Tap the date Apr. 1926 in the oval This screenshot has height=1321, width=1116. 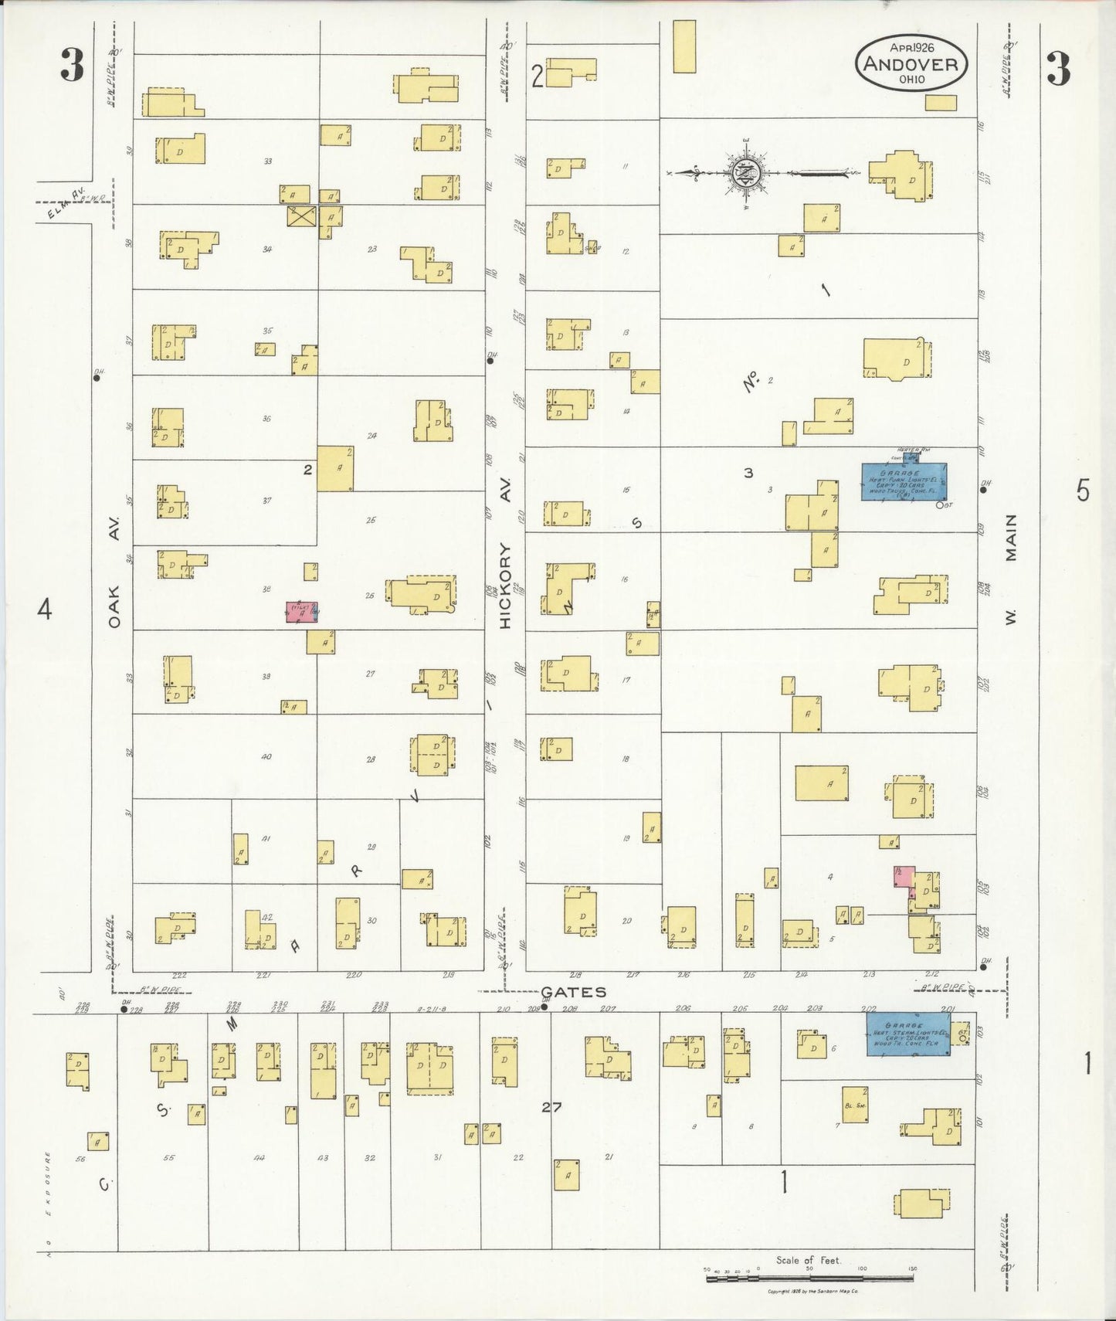[x=911, y=48]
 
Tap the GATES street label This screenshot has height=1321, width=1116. [x=573, y=992]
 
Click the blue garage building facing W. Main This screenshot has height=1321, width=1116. [x=904, y=481]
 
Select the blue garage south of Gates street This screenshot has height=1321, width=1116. [x=907, y=1034]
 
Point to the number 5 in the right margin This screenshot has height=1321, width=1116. [x=1083, y=490]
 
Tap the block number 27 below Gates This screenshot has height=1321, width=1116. [x=551, y=1107]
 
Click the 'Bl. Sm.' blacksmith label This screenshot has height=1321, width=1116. [x=853, y=1105]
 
